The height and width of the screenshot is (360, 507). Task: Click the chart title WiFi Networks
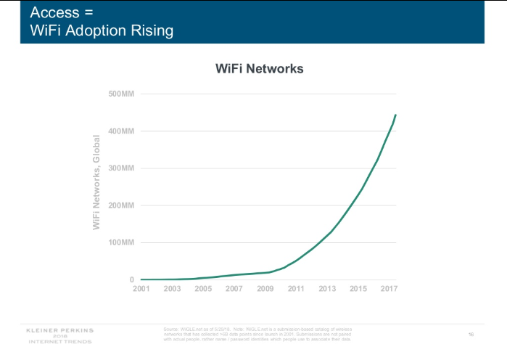click(259, 69)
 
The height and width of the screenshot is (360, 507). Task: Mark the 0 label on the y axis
click(131, 279)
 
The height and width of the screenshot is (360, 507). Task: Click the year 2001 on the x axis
click(141, 290)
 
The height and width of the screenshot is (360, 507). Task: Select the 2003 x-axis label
click(173, 290)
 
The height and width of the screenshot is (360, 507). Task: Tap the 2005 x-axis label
click(203, 290)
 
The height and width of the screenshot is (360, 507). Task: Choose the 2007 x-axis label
click(234, 290)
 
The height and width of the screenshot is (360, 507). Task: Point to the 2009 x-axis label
click(265, 290)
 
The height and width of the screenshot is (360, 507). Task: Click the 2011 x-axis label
click(296, 290)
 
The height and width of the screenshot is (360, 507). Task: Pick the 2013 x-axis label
click(327, 290)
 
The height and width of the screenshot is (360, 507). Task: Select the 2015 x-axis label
click(358, 290)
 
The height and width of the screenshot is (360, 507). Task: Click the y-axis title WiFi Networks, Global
click(96, 183)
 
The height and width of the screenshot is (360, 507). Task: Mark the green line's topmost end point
click(395, 115)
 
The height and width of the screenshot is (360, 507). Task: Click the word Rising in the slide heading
click(148, 31)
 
